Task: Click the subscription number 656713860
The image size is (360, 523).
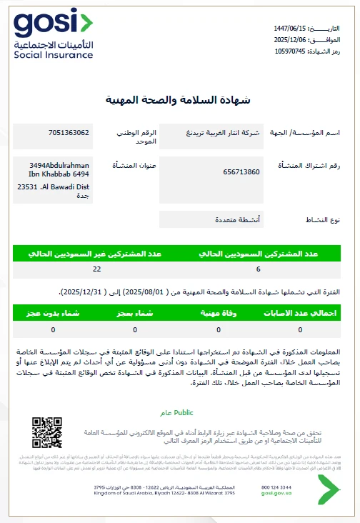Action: (x=241, y=172)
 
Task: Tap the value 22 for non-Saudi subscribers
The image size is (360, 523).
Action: (x=96, y=269)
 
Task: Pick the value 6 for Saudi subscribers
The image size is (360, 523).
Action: (x=258, y=269)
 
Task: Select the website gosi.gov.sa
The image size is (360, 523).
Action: (x=275, y=494)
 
